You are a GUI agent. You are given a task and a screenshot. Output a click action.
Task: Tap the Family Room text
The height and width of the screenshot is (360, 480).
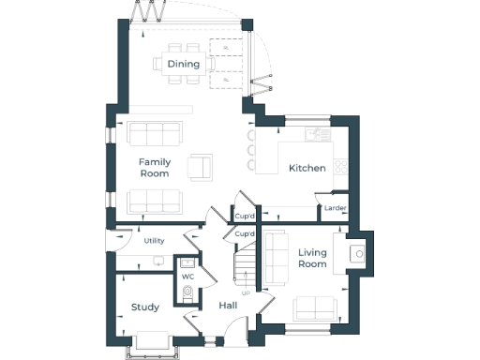[x=154, y=168]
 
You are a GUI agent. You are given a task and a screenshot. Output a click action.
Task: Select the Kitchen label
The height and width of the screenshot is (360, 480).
[x=307, y=168]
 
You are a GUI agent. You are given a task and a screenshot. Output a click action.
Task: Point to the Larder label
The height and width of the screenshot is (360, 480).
[x=335, y=207]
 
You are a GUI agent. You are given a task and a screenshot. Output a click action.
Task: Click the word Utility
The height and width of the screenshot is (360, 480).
[x=154, y=241]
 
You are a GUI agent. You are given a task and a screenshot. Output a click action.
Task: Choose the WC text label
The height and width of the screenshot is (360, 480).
[x=187, y=277]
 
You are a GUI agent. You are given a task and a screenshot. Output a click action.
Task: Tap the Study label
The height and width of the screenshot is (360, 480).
[x=145, y=307]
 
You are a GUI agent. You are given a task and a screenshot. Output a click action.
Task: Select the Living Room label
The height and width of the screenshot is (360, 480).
[x=312, y=258]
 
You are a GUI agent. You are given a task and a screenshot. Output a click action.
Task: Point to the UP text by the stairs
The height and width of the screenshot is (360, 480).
[x=246, y=293]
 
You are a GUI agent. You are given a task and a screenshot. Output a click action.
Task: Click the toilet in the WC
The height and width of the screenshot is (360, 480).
[x=187, y=293]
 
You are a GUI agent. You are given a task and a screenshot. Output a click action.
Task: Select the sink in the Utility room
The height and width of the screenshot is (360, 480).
[x=158, y=260]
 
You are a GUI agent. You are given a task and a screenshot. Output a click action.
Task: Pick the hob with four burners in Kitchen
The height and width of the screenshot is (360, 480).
[x=341, y=167]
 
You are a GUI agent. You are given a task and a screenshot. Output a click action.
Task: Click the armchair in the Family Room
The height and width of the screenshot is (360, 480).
[x=200, y=166]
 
